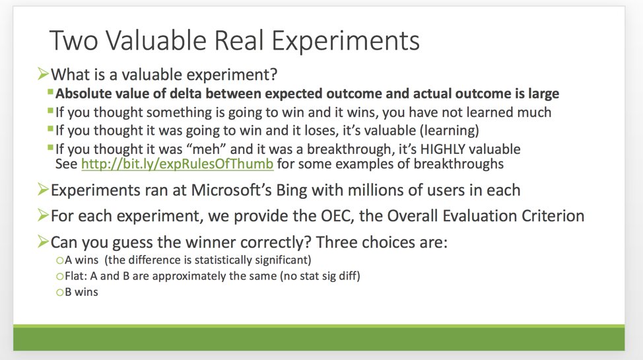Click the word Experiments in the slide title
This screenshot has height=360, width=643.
346,41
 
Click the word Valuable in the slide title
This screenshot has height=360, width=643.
156,40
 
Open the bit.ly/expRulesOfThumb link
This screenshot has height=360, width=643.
177,164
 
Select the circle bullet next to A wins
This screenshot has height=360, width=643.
60,260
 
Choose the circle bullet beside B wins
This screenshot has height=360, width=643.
60,292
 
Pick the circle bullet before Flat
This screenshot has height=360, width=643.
60,276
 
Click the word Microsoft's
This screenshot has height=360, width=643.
231,190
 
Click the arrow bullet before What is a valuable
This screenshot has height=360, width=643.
43,74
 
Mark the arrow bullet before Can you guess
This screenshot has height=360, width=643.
43,241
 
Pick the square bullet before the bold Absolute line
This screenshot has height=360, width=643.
50,92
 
